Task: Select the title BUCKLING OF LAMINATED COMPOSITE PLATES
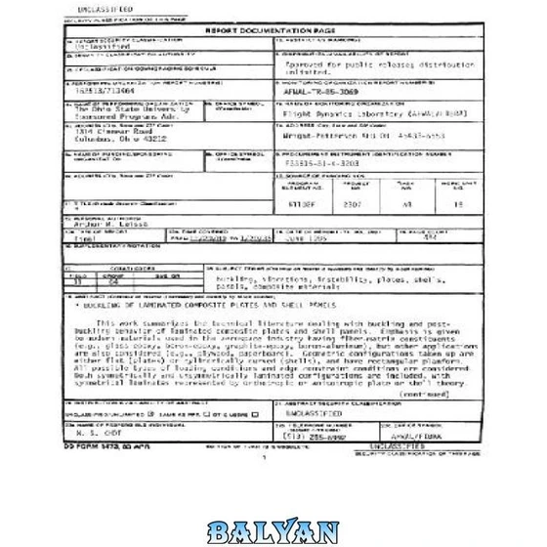pos(166,304)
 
